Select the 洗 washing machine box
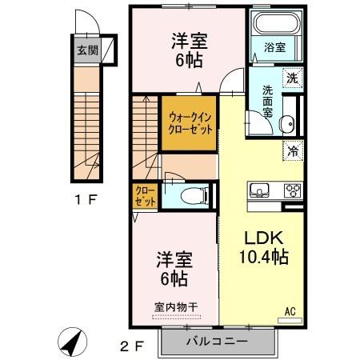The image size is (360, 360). click(x=293, y=78)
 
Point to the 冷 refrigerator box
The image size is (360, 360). click(x=293, y=149)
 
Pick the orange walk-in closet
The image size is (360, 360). click(x=189, y=122)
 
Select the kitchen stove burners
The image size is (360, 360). click(x=293, y=191)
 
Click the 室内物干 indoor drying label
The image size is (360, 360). click(x=175, y=306)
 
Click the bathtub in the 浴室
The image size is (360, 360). click(x=275, y=23)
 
